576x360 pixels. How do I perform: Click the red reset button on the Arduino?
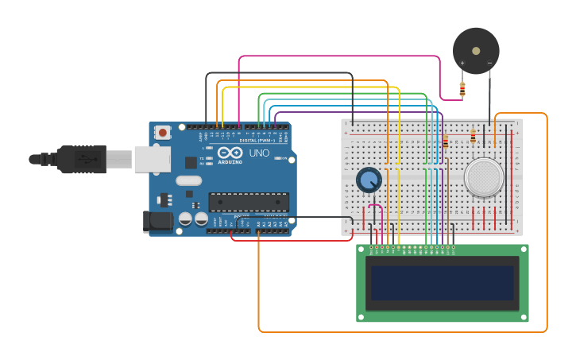coord(162,133)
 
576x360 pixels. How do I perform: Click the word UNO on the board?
coord(259,153)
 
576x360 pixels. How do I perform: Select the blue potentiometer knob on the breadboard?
coord(368,180)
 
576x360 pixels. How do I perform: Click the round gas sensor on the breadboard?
coord(484,177)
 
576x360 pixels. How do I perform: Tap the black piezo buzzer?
coord(476,51)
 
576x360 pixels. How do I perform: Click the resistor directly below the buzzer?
coord(462,89)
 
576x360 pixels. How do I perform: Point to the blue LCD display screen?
coord(442,282)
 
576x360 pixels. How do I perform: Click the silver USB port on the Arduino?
coord(151,159)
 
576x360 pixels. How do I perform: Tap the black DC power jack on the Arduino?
coord(157,222)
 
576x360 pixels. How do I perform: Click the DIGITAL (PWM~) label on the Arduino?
coord(257,141)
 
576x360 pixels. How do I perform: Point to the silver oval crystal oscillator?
coord(188,180)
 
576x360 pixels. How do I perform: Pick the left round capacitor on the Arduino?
coord(185,218)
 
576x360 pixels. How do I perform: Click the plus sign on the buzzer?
coord(462,63)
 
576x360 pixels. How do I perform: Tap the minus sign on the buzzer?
coord(489,63)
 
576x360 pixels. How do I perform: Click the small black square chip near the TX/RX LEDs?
coord(191,162)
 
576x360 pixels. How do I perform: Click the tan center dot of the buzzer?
coord(476,51)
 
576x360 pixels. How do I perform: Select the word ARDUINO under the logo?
coord(230,161)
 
